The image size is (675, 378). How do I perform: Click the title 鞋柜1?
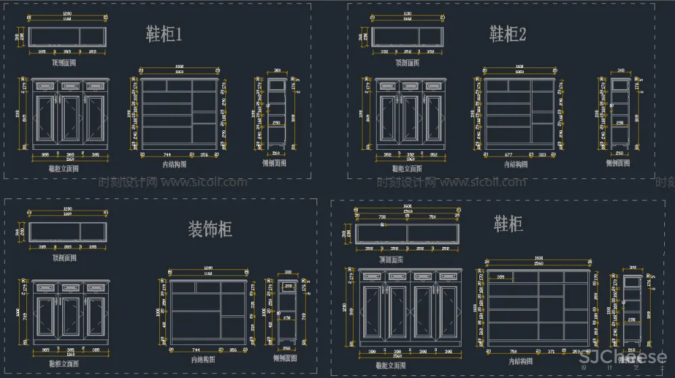click(x=164, y=34)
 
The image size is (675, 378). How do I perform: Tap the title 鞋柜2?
click(x=508, y=34)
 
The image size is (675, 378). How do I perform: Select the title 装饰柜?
click(x=210, y=230)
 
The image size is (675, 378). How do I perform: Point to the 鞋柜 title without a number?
click(x=508, y=223)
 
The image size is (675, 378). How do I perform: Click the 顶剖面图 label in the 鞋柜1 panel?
click(x=64, y=62)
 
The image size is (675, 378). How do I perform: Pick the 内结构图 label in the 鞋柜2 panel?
click(x=517, y=163)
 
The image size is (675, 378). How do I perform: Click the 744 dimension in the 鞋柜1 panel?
click(x=167, y=155)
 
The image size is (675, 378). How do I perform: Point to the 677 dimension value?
click(x=509, y=155)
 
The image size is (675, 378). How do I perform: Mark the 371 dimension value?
click(x=551, y=352)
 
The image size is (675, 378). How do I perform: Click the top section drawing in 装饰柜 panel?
click(x=68, y=232)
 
